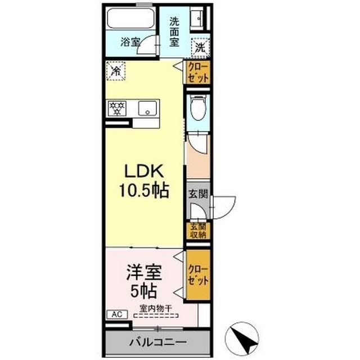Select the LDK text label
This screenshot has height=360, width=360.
[143, 171]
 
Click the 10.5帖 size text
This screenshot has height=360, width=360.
[143, 191]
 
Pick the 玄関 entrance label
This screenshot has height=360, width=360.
[198, 194]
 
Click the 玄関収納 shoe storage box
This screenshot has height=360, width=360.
[198, 231]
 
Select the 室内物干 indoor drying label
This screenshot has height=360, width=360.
[156, 308]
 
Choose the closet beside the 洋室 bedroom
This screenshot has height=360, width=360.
[198, 274]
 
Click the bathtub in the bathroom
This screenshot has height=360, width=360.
[130, 19]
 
